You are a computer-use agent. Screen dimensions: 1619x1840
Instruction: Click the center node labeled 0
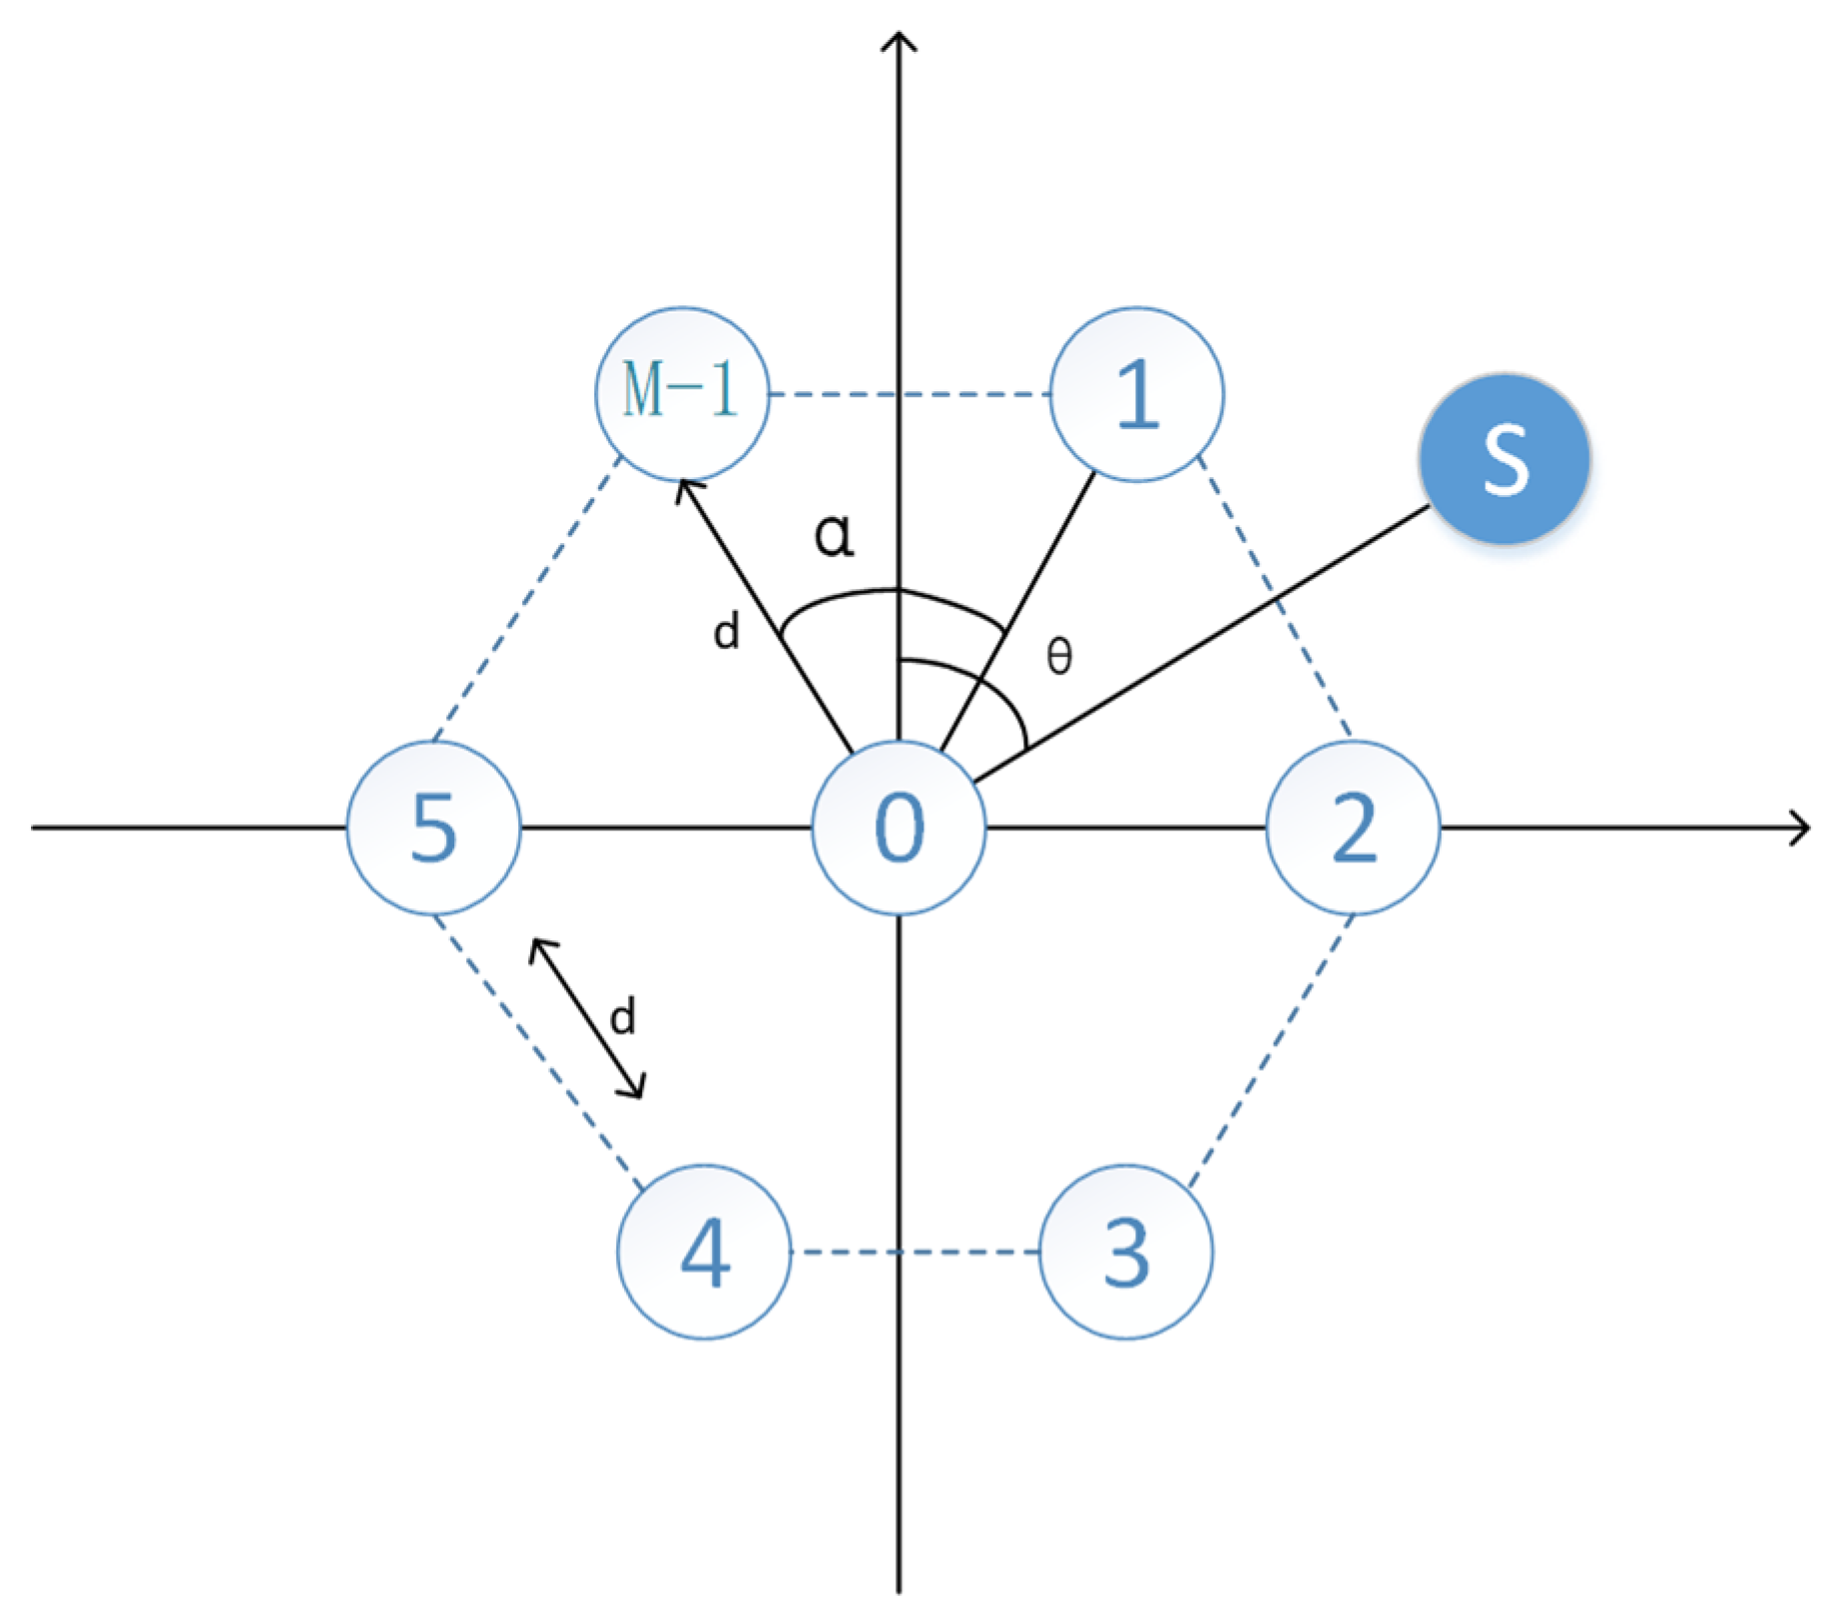pyautogui.click(x=899, y=827)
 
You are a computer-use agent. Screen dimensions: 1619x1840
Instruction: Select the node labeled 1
pyautogui.click(x=1136, y=393)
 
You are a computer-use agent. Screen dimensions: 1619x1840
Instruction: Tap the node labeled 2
pyautogui.click(x=1353, y=827)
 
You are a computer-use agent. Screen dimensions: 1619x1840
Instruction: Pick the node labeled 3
pyautogui.click(x=1126, y=1251)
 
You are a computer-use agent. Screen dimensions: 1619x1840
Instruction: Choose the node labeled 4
pyautogui.click(x=705, y=1251)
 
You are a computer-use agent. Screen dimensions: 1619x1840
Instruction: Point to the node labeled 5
pyautogui.click(x=433, y=827)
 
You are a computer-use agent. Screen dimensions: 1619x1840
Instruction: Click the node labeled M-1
pyautogui.click(x=682, y=393)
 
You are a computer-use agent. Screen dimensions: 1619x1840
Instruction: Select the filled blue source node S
pyautogui.click(x=1504, y=459)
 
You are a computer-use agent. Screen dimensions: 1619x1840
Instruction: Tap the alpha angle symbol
pyautogui.click(x=835, y=535)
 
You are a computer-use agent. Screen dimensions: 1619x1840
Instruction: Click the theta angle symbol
pyautogui.click(x=1059, y=657)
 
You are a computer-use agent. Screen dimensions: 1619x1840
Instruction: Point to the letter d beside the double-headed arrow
pyautogui.click(x=623, y=1017)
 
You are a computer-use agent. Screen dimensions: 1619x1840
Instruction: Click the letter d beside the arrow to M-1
pyautogui.click(x=727, y=632)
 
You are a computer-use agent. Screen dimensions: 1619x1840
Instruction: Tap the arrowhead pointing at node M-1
pyautogui.click(x=686, y=489)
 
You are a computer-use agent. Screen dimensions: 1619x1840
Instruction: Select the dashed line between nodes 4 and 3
pyautogui.click(x=915, y=1251)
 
